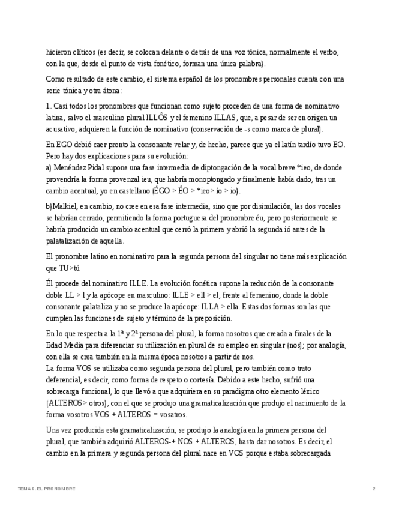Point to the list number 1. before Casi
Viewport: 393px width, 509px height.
tap(49, 106)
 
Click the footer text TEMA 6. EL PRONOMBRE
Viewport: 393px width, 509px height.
tap(46, 489)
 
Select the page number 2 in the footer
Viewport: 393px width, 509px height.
tap(374, 489)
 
